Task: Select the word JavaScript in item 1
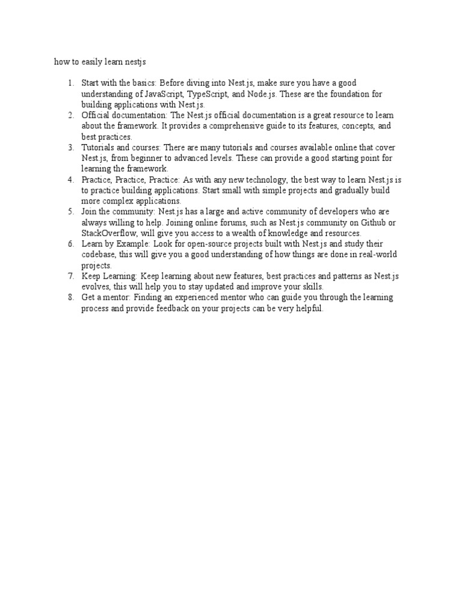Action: (164, 95)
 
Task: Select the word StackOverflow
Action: (108, 233)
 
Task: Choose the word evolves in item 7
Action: (96, 286)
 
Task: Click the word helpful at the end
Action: (309, 308)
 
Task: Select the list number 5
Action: (71, 211)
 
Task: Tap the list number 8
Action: (71, 297)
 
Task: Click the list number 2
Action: (71, 115)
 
